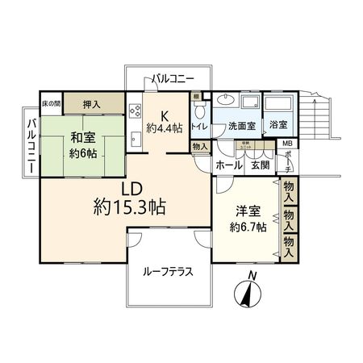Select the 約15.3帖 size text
tap(129, 207)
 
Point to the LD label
tap(131, 188)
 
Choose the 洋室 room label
tap(248, 211)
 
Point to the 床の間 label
tap(51, 104)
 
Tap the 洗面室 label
tap(241, 127)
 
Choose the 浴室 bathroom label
tap(277, 127)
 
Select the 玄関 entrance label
tap(260, 165)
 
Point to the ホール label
tap(228, 165)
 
